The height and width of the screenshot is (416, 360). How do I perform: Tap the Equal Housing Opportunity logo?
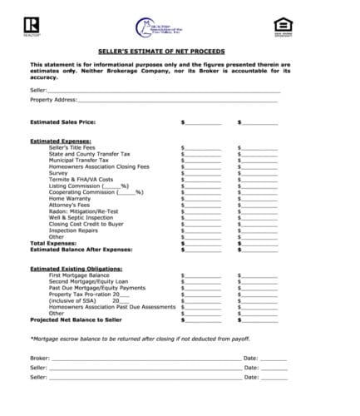tap(281, 27)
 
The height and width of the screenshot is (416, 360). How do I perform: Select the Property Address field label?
tap(53, 100)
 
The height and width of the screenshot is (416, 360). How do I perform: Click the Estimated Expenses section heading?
tap(61, 141)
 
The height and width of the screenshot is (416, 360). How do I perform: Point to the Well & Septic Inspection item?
tap(86, 217)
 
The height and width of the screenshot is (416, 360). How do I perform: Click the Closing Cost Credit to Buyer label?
tap(86, 224)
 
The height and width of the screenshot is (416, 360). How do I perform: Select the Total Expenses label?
tap(54, 243)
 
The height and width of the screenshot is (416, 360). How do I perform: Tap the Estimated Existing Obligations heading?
tap(74, 268)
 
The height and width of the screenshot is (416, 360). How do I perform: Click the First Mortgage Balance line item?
tap(80, 275)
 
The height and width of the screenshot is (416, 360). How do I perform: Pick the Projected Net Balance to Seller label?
tap(76, 319)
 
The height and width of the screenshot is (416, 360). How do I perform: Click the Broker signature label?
tap(39, 358)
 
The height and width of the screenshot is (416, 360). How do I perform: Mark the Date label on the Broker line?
tap(251, 358)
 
